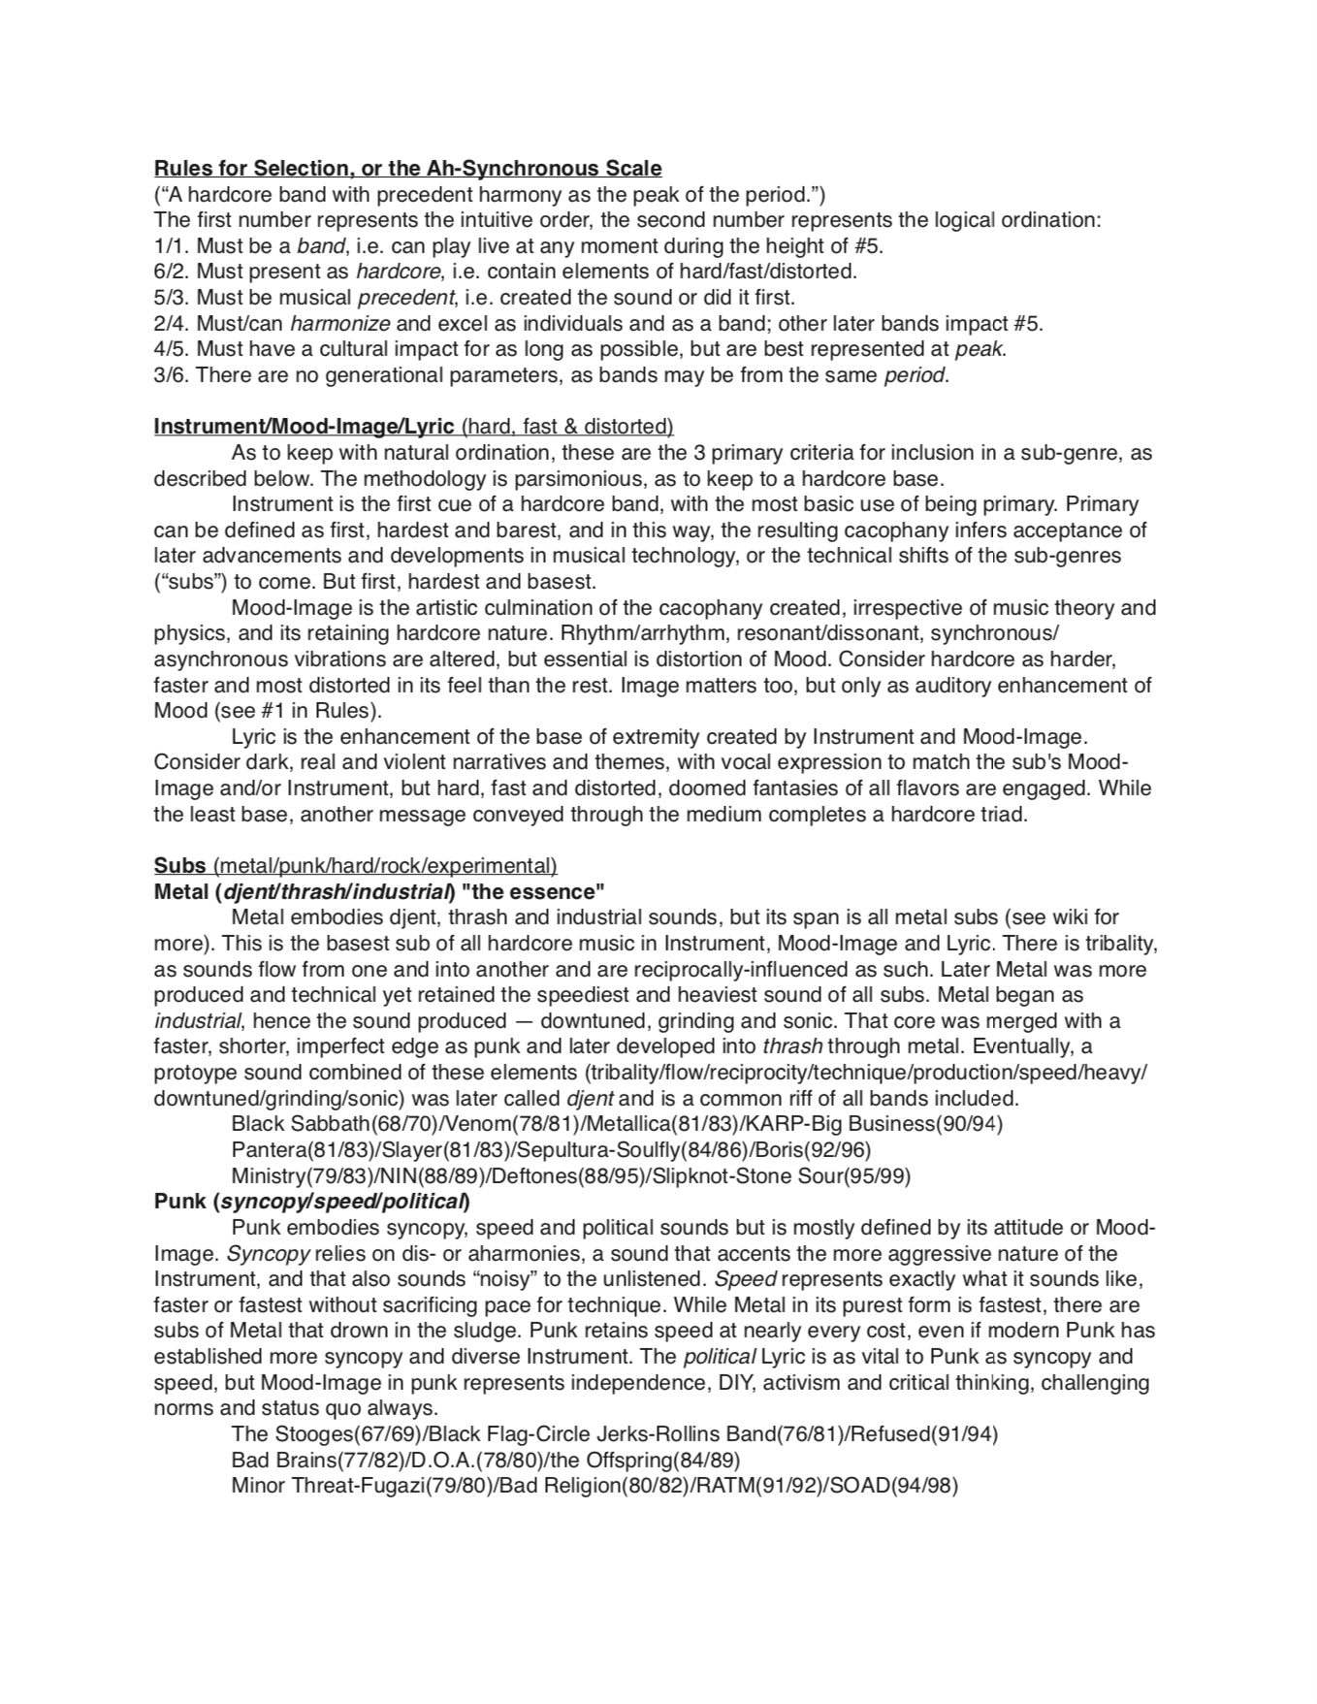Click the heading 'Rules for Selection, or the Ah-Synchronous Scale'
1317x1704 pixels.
pos(407,168)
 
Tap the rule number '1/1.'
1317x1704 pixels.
pos(172,245)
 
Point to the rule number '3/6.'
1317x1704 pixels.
pos(172,374)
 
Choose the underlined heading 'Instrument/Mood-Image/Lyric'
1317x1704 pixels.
pos(304,426)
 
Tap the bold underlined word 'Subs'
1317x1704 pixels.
pos(179,865)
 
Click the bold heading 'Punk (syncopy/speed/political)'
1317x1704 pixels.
pos(311,1201)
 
